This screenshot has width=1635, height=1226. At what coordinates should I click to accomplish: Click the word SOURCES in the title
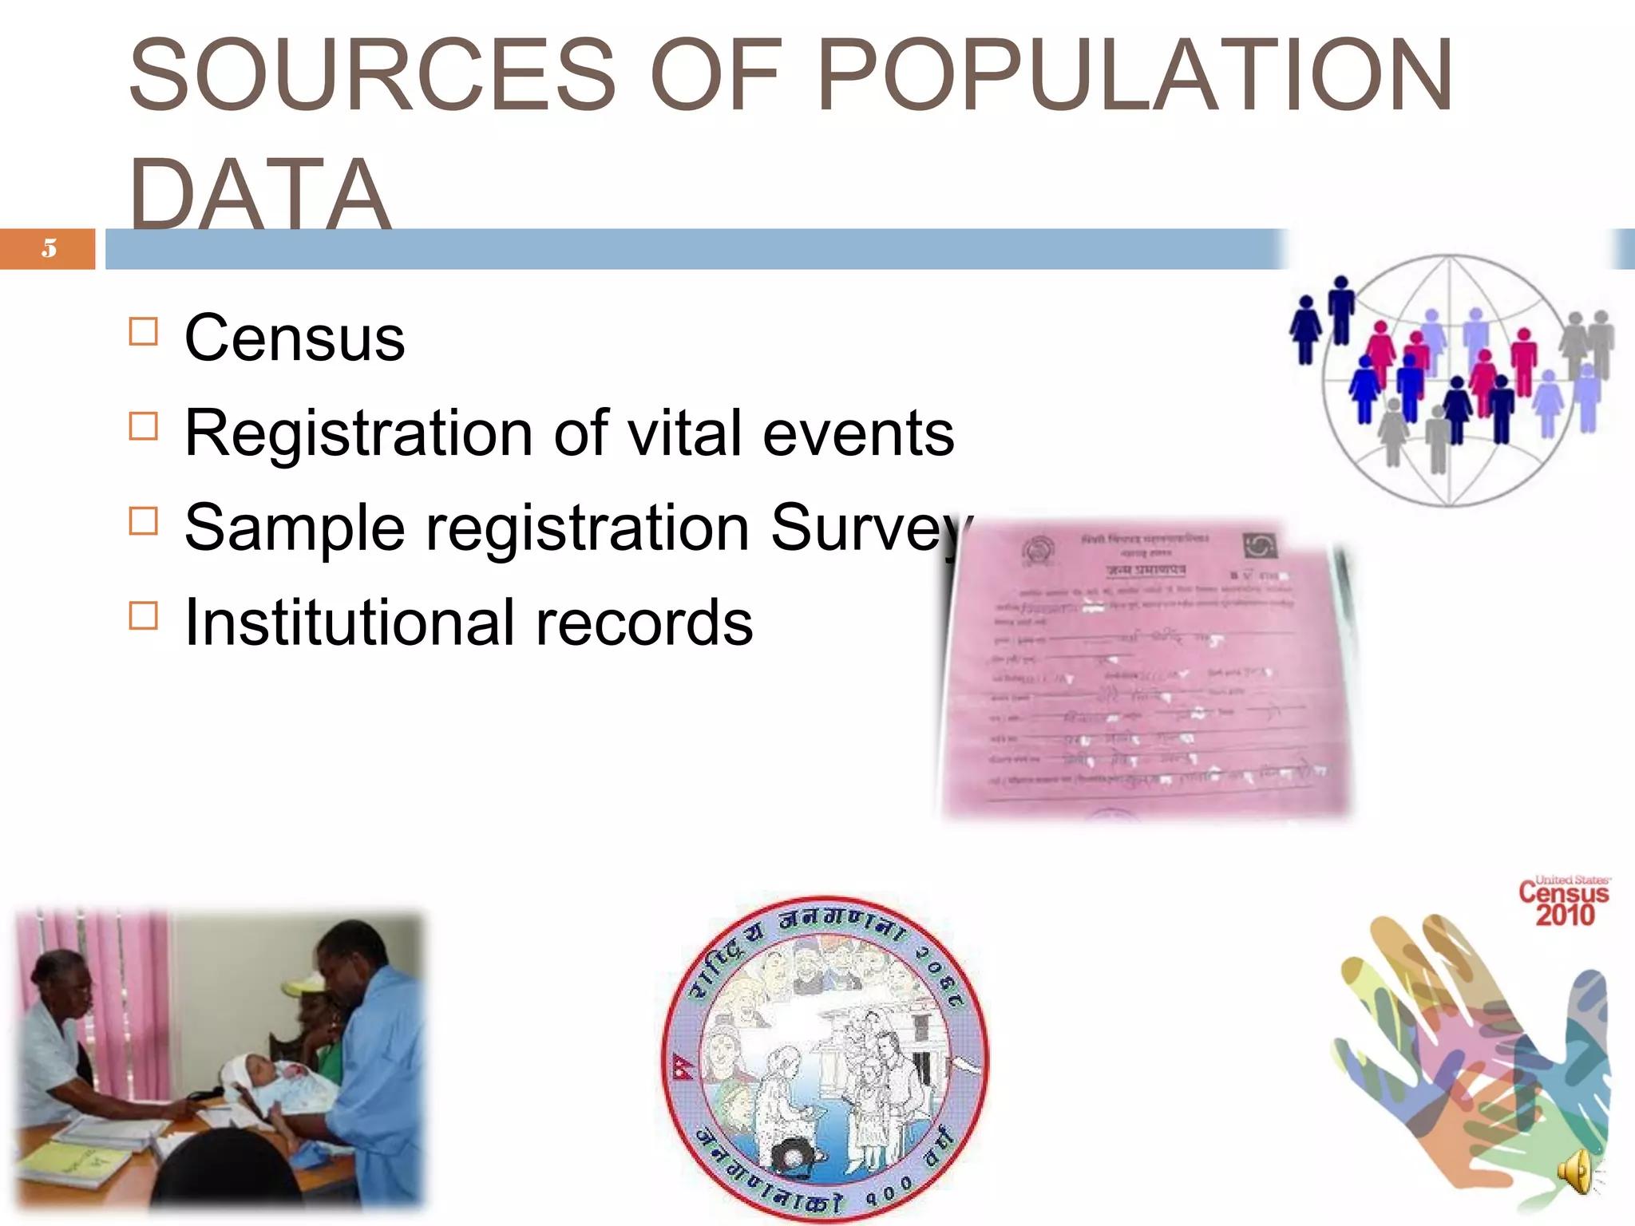[372, 76]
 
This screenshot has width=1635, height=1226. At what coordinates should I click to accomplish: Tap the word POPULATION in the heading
[1134, 76]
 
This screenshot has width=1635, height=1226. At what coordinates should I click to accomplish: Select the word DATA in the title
[259, 194]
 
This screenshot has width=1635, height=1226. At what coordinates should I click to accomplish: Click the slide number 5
[49, 248]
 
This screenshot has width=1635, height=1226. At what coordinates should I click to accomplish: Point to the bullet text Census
[295, 338]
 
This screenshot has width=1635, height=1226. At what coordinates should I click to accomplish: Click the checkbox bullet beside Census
[144, 331]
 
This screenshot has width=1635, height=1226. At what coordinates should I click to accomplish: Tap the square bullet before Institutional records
[144, 615]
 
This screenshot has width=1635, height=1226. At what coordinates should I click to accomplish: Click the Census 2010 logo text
[1563, 903]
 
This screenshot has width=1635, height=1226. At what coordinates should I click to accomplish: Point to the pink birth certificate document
[1146, 670]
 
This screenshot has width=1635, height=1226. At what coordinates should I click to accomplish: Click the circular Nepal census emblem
[825, 1058]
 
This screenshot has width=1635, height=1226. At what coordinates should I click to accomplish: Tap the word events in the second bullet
[858, 433]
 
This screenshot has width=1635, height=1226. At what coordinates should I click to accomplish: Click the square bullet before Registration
[144, 426]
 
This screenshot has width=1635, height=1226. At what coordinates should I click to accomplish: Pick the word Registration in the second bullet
[358, 433]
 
